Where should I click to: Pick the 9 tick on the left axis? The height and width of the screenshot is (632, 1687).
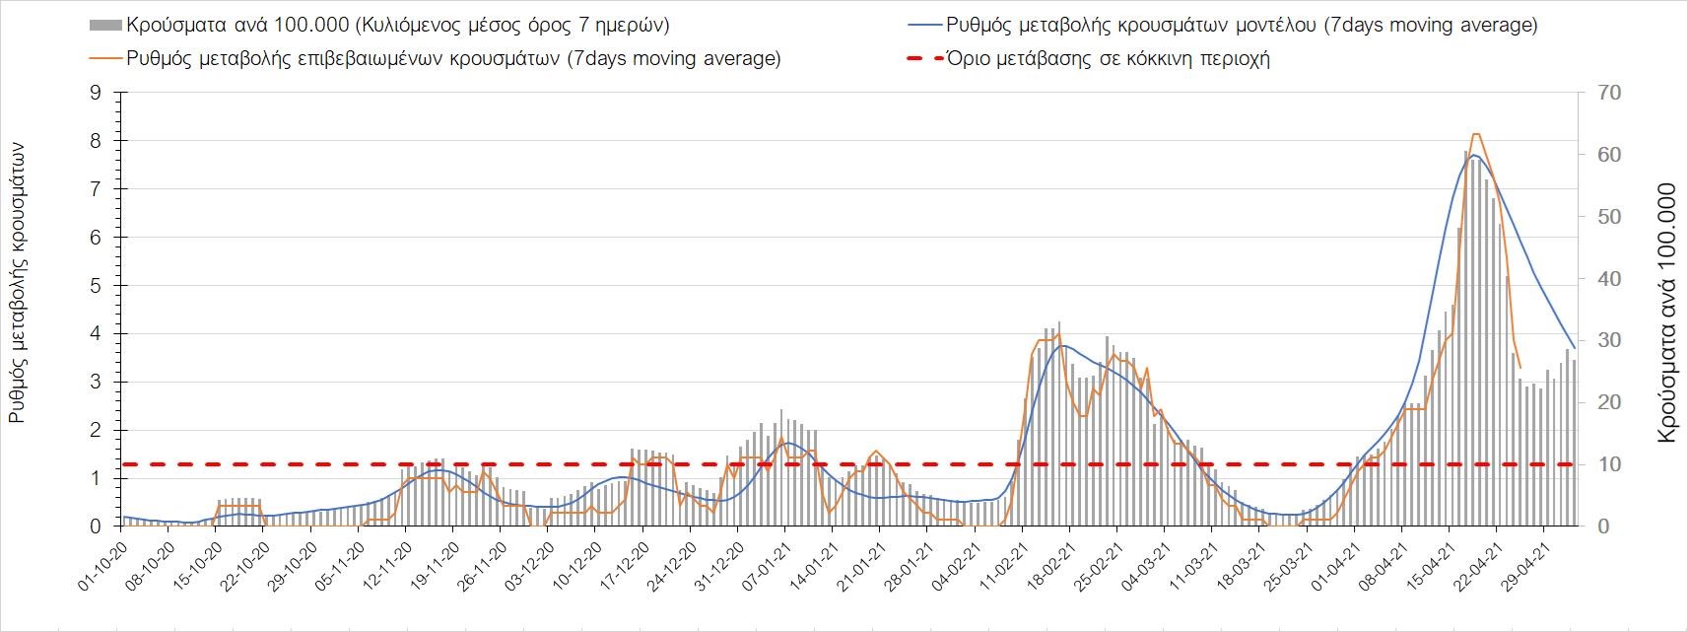(x=96, y=93)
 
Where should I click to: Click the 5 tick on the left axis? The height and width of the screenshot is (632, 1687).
(x=96, y=286)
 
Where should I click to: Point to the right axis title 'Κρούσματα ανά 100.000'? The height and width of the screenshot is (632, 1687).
(x=1666, y=312)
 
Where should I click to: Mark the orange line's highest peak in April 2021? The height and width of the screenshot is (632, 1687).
(x=1475, y=134)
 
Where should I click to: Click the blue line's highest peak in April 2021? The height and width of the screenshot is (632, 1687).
(x=1473, y=155)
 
